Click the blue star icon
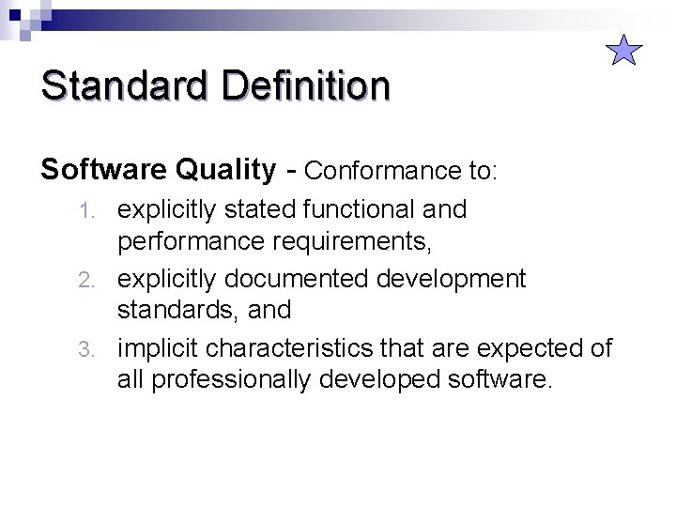click(x=623, y=50)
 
